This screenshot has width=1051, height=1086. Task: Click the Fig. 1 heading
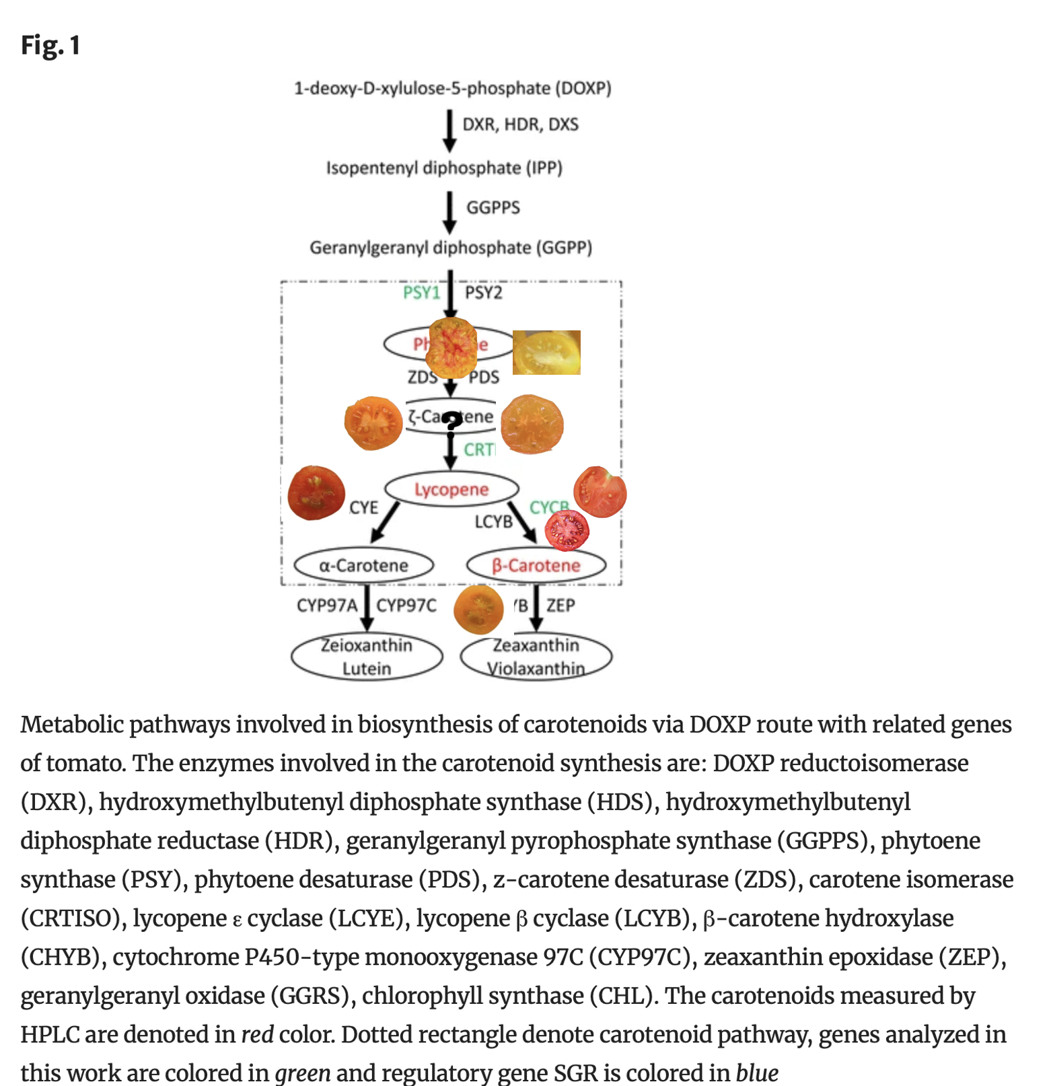[50, 46]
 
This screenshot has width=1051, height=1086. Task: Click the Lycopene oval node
[451, 489]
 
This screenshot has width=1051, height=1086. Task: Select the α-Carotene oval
[363, 565]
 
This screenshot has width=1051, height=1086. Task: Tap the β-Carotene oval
[536, 565]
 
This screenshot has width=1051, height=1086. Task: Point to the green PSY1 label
[421, 293]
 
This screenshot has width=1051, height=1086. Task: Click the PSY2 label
[483, 293]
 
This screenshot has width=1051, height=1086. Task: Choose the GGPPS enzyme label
[493, 207]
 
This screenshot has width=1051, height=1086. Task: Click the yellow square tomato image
[546, 352]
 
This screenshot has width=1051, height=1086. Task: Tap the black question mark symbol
[452, 422]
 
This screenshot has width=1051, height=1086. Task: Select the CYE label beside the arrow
[363, 507]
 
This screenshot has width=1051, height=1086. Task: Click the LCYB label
[493, 521]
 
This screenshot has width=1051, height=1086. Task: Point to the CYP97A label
[326, 606]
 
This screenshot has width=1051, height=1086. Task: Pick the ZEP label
[560, 606]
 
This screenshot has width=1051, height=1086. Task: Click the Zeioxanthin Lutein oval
[367, 656]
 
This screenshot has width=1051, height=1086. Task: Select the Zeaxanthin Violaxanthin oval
[536, 656]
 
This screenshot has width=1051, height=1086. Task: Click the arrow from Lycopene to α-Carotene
[386, 521]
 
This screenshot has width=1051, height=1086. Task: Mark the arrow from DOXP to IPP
[449, 131]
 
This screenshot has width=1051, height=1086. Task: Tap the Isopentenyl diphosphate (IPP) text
[444, 168]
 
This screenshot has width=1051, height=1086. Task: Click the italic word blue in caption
[757, 1073]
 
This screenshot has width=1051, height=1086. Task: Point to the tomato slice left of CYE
[316, 493]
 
